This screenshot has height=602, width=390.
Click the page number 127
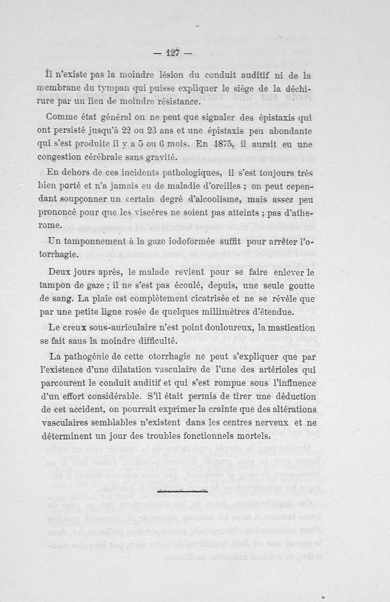(173, 53)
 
